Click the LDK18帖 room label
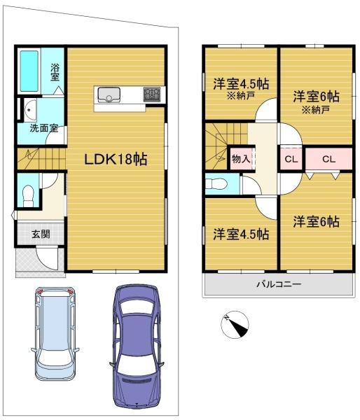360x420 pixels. pos(116,159)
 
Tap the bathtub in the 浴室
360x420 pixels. pos(29,71)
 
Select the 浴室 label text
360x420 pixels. pos(55,72)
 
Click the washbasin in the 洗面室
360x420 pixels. pos(29,110)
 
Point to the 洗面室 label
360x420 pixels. pos(44,128)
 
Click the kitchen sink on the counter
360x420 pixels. pos(109,94)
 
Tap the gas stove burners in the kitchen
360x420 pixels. pos(152,94)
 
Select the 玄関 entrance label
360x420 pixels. pos(41,234)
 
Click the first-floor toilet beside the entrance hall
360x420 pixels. pos(28,196)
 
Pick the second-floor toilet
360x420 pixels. pos(216,184)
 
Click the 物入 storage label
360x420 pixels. pos(241,159)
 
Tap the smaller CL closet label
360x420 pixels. pos(291,160)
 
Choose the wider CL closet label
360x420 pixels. pos(328,160)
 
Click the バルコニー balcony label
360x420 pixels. pos(279,283)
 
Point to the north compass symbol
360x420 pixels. pos(235,324)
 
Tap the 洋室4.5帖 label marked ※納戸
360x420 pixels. pos(241,84)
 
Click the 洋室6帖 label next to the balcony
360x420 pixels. pos(316,222)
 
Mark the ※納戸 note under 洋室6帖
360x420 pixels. pos(316,110)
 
